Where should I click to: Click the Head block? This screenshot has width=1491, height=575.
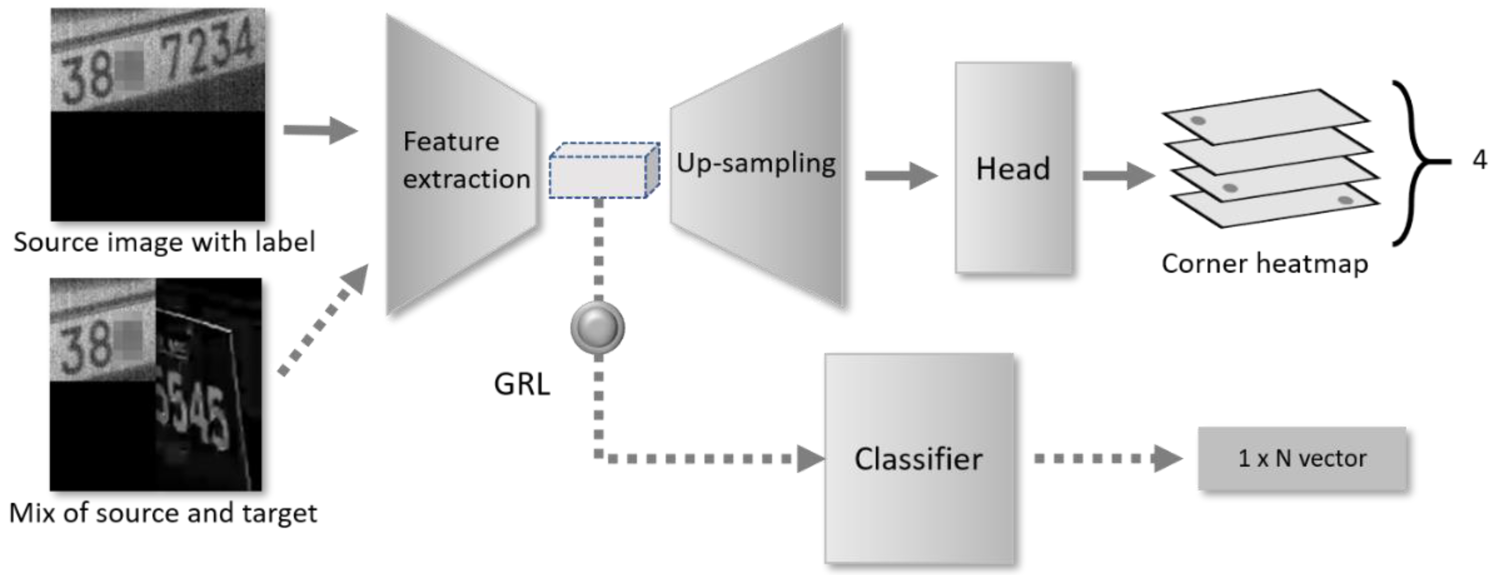pos(1013,168)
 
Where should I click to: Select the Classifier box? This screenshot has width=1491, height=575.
pos(919,458)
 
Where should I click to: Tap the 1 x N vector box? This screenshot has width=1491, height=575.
pos(1301,458)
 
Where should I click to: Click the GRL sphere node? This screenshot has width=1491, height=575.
pos(597,327)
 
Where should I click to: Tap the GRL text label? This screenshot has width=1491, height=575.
pos(522,383)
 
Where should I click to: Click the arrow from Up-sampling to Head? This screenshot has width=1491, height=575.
pos(900,175)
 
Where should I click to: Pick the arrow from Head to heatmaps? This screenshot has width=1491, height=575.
pos(1117,175)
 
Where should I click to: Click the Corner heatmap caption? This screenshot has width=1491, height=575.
pos(1264,264)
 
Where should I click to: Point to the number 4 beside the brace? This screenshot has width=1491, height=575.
pos(1479,160)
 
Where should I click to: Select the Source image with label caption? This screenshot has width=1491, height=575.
pos(164,242)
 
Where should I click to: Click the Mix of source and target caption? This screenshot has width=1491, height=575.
pos(163,513)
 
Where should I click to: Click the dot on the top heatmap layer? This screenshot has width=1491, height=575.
pos(1198,121)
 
